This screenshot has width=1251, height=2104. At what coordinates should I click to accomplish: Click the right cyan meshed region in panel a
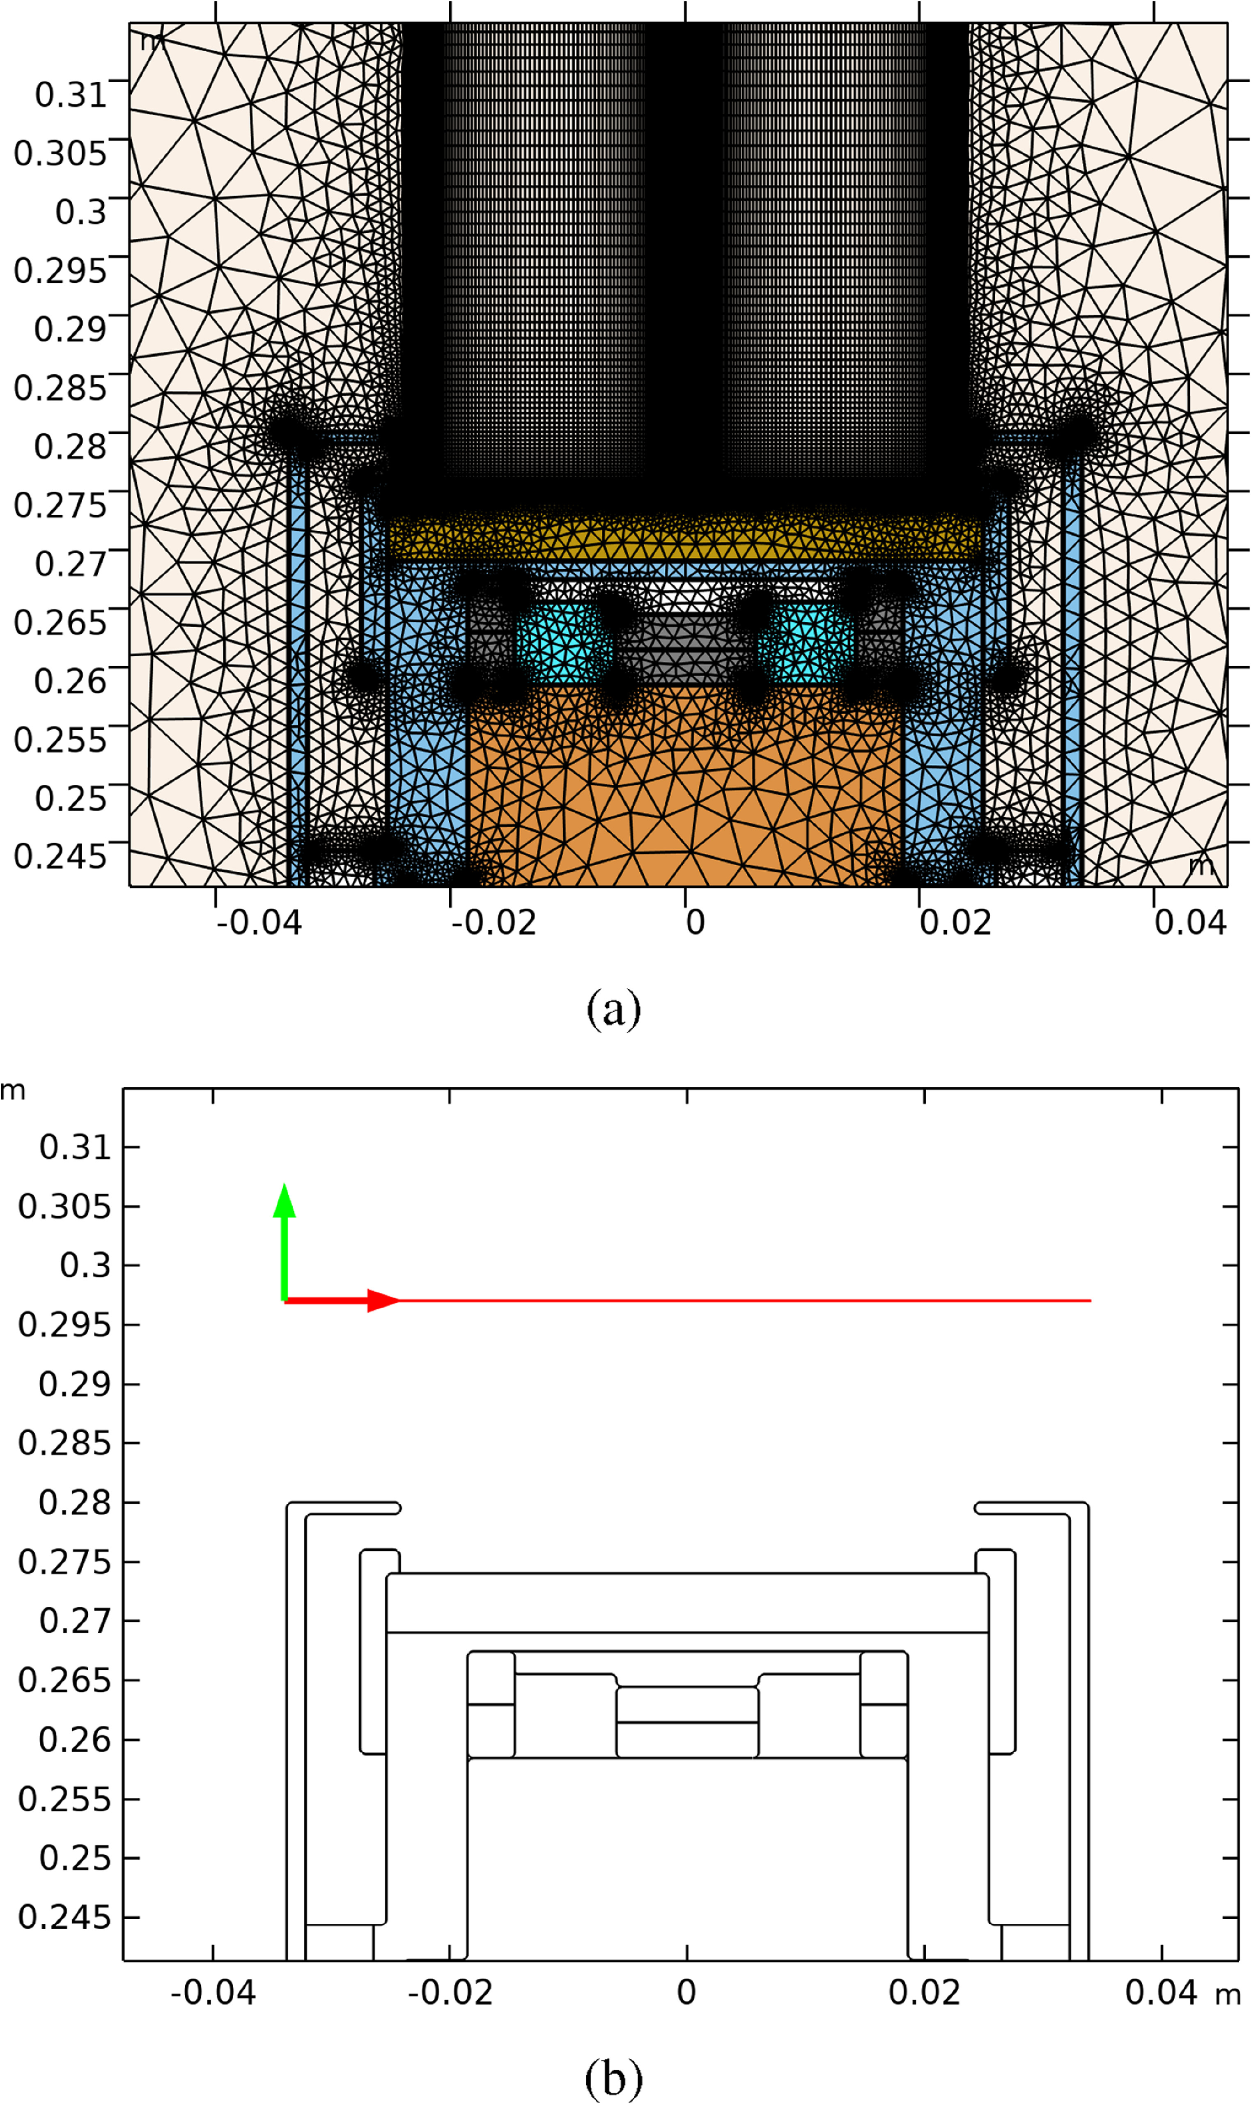tap(805, 645)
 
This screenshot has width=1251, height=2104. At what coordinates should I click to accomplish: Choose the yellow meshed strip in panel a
tap(684, 538)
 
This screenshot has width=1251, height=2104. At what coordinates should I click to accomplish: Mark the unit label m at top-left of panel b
tap(13, 1091)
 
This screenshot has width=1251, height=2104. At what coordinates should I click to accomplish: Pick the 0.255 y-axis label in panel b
tap(64, 1799)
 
